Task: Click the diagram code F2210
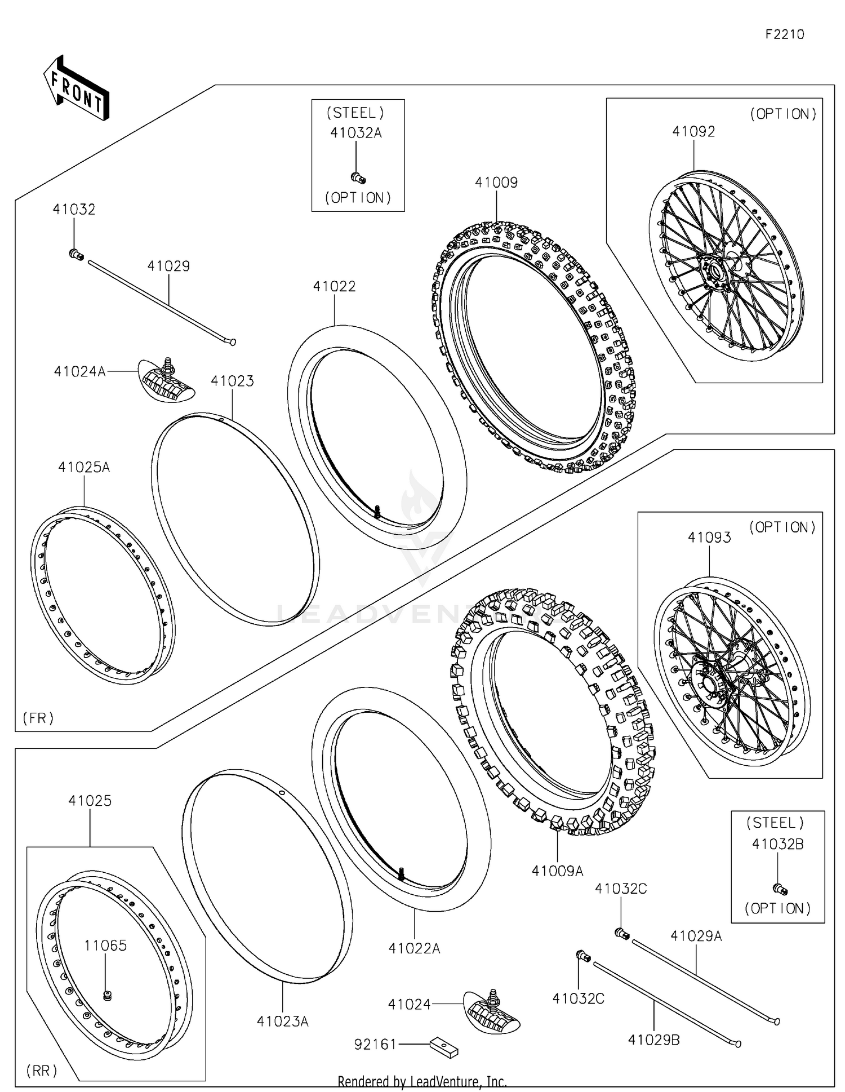[784, 34]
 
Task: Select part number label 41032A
[356, 133]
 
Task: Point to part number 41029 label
[168, 266]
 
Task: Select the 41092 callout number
[693, 131]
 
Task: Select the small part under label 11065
[106, 996]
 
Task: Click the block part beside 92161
[444, 1047]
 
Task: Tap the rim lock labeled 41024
[492, 1012]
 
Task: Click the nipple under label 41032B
[780, 889]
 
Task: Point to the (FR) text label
[38, 718]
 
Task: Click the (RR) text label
[42, 1071]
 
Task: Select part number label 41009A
[557, 871]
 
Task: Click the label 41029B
[653, 1040]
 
